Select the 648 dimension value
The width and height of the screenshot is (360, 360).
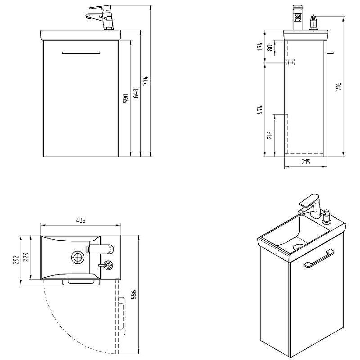pos(136,93)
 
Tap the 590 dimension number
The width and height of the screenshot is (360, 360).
pos(126,99)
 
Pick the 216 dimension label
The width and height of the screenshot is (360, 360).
pos(270,135)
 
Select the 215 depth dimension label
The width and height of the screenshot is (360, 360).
pos(306,162)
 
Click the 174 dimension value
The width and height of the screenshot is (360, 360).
pos(260,46)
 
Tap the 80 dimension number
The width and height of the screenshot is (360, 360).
pos(270,48)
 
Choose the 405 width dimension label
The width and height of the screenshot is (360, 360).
pos(81,220)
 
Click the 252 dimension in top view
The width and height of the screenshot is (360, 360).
pos(15,260)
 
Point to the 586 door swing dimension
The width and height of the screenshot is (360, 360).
pos(134,294)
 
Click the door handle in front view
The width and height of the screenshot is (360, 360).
pos(81,53)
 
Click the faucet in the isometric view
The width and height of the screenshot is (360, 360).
pos(310,205)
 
